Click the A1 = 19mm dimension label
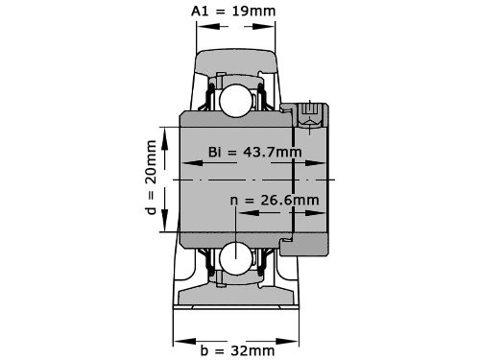233,12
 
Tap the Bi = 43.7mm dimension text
255,152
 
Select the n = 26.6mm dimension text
275,201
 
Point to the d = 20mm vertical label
150,178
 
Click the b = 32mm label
237,350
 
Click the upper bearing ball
236,100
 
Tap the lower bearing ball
236,258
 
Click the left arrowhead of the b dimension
184,341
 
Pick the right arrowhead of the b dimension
287,341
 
